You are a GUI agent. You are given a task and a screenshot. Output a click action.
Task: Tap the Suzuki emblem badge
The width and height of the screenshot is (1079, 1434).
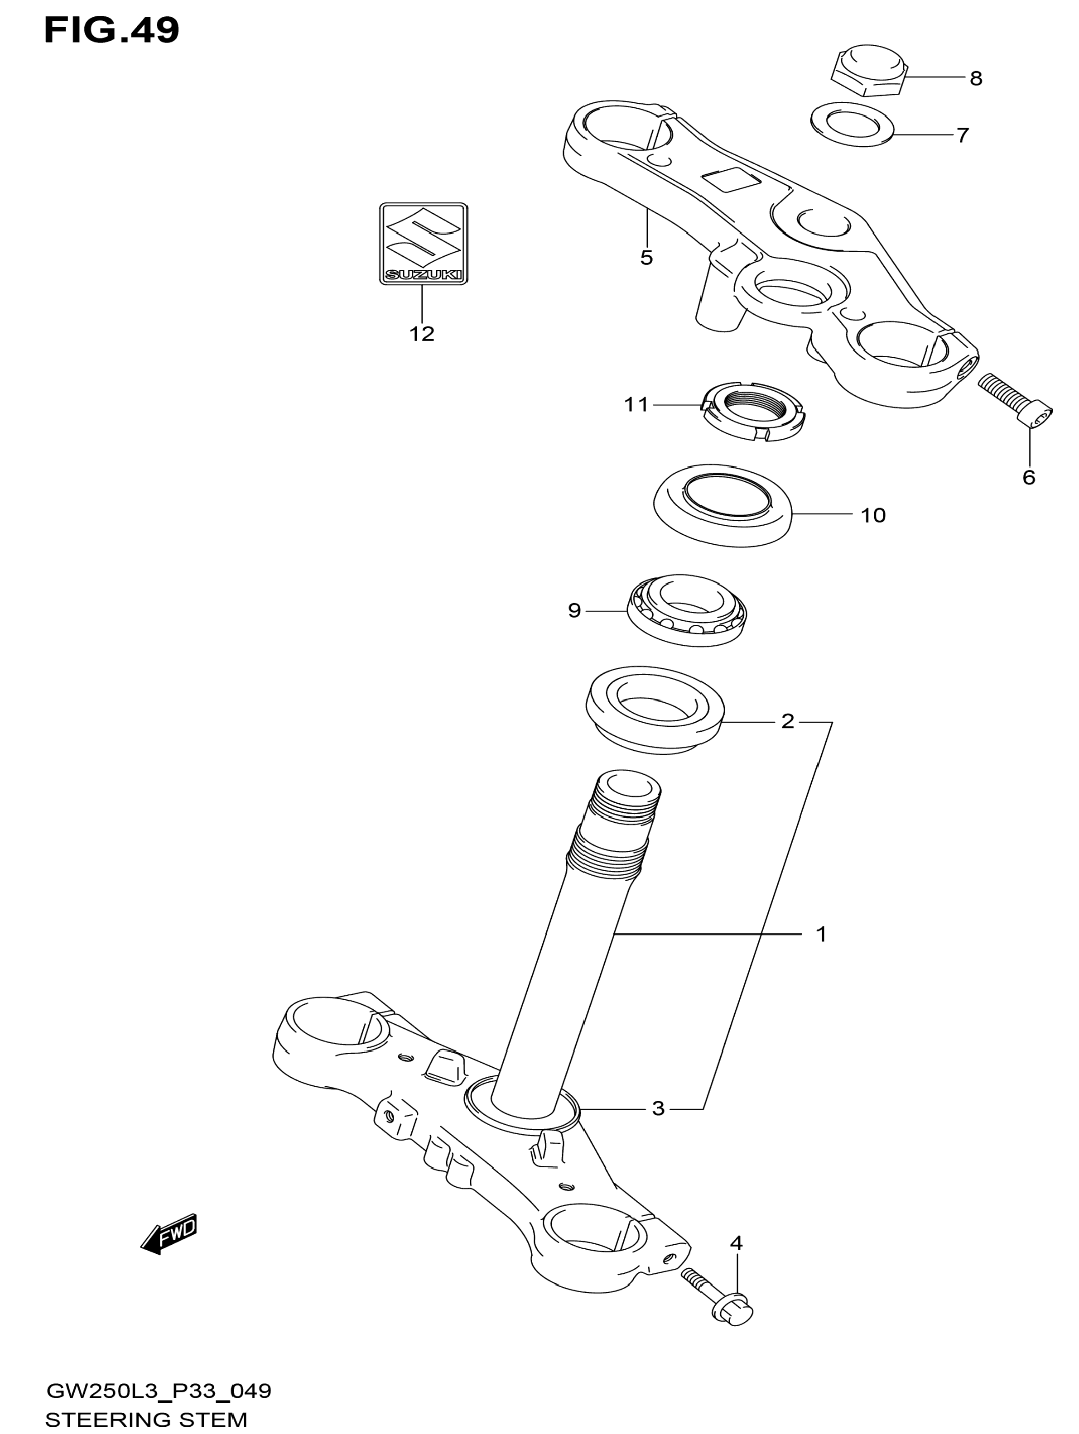pyautogui.click(x=423, y=244)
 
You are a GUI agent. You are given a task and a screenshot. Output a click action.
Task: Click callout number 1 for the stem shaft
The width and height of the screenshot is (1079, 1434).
pyautogui.click(x=821, y=934)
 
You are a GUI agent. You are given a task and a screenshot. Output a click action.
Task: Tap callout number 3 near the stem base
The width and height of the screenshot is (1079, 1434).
pyautogui.click(x=658, y=1108)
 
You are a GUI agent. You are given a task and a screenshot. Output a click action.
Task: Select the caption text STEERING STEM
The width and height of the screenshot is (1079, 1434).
pyautogui.click(x=147, y=1420)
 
